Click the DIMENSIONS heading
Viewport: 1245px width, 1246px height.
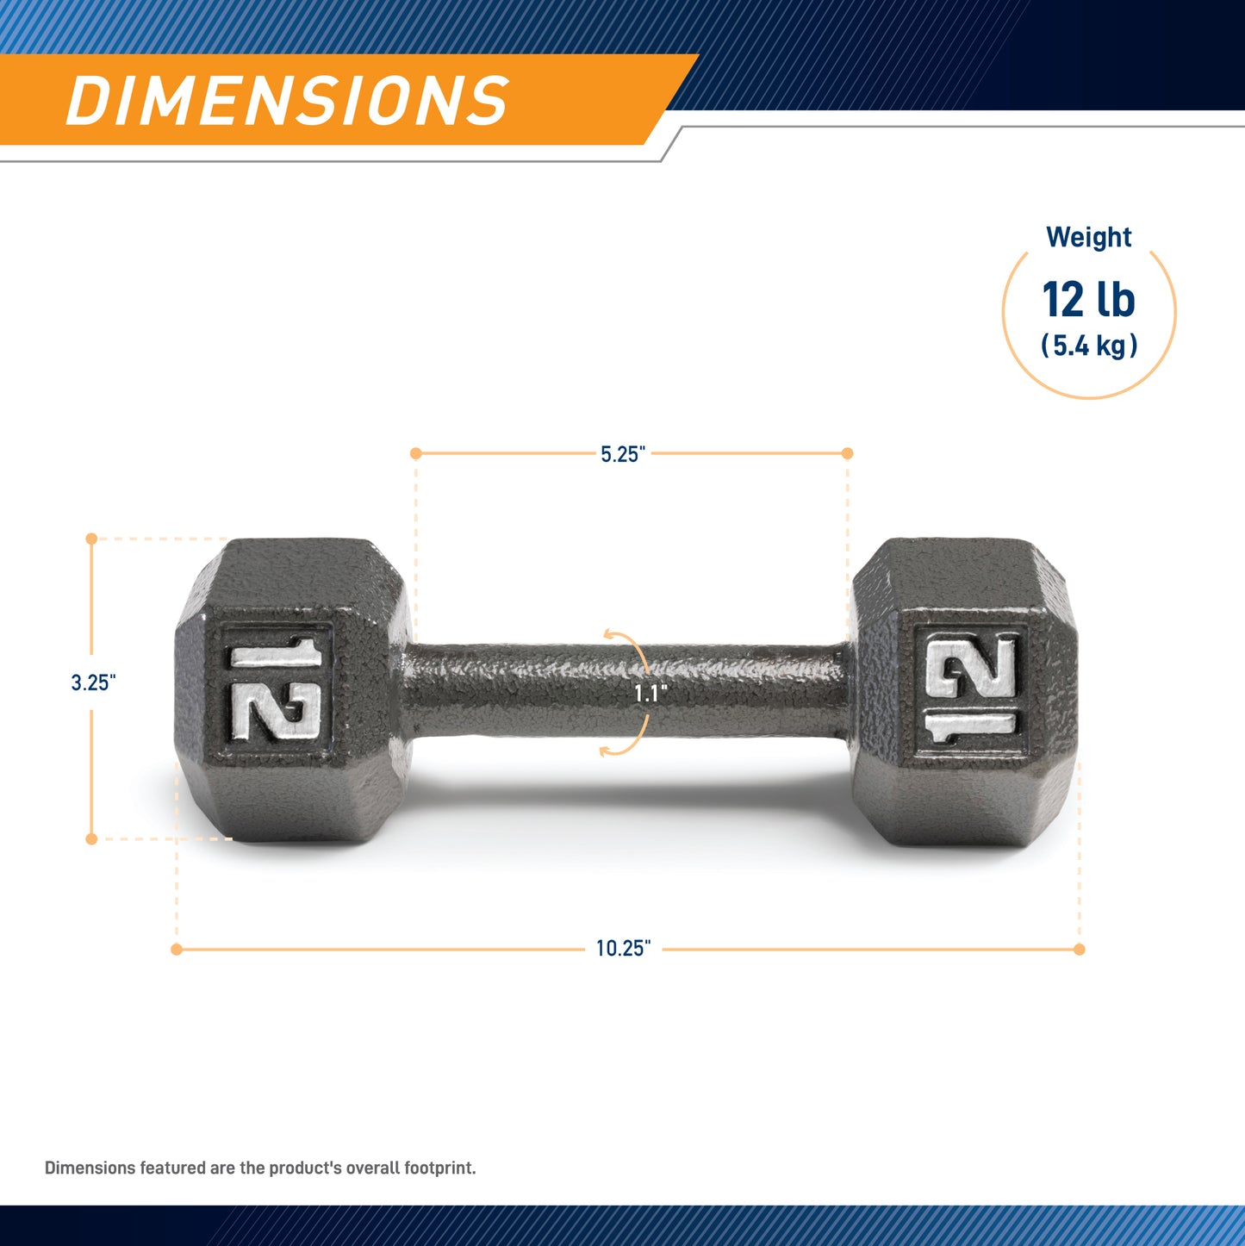[x=288, y=100]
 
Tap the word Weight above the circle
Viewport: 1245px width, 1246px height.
[x=1088, y=237]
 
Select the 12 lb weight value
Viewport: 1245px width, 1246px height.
[x=1088, y=300]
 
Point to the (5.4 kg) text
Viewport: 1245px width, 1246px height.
[x=1088, y=346]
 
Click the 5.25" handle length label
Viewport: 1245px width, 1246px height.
[x=622, y=454]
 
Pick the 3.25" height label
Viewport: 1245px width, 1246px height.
[x=93, y=682]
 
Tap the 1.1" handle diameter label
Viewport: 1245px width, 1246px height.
[x=651, y=694]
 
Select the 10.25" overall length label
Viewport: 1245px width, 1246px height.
[x=623, y=949]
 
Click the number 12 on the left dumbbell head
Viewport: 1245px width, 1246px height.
[x=276, y=689]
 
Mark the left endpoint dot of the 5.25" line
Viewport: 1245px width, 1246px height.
[x=415, y=453]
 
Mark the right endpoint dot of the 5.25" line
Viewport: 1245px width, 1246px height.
[x=847, y=453]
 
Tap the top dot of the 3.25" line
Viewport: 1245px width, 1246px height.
[x=91, y=539]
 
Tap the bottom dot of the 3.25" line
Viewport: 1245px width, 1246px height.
[x=91, y=838]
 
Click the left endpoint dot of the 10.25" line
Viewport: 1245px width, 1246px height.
[x=177, y=949]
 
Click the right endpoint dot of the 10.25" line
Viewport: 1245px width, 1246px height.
[x=1079, y=949]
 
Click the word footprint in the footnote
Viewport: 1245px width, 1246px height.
[x=437, y=1168]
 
